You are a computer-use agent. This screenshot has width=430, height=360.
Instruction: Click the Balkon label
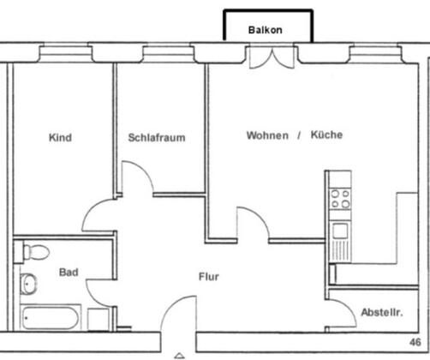266,30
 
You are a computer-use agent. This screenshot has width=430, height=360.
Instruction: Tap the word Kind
60,137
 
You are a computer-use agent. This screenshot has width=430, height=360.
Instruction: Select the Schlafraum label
157,137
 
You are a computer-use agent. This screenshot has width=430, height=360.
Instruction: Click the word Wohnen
267,135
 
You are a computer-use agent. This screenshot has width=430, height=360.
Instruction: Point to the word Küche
326,135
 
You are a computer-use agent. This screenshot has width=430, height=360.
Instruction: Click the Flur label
209,277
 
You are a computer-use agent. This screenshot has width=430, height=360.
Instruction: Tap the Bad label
69,272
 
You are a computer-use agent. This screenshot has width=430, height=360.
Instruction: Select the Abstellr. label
382,312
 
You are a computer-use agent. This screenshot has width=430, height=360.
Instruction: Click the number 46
415,342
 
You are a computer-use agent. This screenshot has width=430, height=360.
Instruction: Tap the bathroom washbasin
28,284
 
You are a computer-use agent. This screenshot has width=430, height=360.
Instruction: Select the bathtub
51,317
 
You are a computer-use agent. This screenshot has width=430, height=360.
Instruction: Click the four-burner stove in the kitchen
340,199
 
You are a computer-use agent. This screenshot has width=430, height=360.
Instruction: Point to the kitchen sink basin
340,231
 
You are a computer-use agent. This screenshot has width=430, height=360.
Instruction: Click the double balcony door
272,57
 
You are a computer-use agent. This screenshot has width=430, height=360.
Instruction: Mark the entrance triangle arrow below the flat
179,356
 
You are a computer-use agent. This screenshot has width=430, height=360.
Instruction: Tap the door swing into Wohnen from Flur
259,216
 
